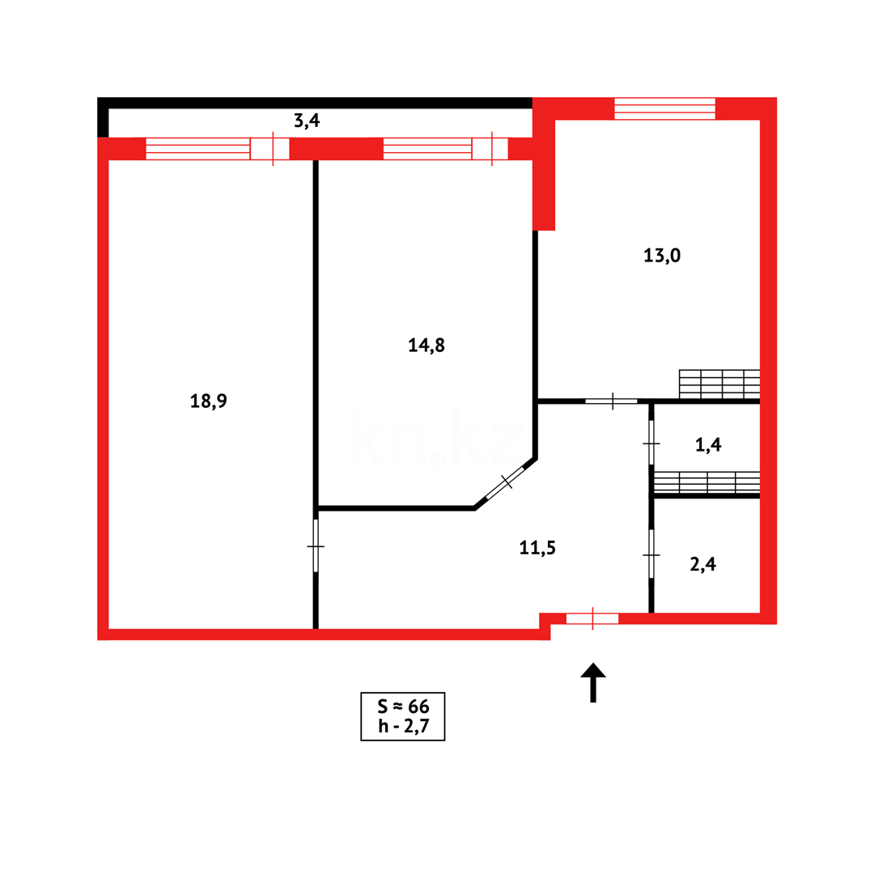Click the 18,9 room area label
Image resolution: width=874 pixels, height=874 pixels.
click(x=209, y=400)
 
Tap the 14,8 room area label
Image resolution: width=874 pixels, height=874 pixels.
click(x=426, y=346)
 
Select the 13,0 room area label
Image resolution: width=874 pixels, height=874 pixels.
click(x=662, y=256)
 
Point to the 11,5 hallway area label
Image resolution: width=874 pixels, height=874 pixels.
click(x=537, y=548)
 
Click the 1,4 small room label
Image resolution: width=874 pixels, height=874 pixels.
click(x=708, y=444)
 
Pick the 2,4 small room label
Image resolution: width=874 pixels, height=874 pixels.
click(x=702, y=564)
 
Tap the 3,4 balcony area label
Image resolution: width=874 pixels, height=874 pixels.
click(x=307, y=121)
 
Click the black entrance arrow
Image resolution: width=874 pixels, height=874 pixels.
click(x=593, y=681)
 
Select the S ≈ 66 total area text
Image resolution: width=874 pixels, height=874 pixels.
click(x=402, y=706)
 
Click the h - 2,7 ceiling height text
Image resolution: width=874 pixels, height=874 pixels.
click(x=402, y=727)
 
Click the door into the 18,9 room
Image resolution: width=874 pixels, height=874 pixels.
click(x=316, y=545)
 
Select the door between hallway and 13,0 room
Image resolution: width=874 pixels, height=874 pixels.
click(x=613, y=401)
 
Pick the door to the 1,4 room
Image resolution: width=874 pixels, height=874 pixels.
click(x=651, y=443)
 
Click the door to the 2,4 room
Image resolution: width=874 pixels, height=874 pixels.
click(x=651, y=554)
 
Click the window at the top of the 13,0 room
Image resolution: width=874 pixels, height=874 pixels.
click(x=664, y=108)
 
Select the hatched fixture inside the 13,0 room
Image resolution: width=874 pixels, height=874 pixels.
click(x=719, y=384)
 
